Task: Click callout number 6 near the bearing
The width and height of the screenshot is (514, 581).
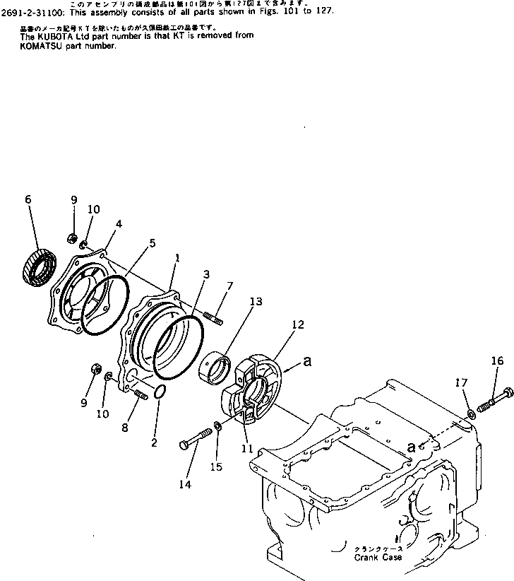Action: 28,200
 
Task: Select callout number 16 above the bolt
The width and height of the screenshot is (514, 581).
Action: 497,361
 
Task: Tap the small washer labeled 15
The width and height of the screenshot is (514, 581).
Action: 218,428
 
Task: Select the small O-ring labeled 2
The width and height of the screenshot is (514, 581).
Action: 160,392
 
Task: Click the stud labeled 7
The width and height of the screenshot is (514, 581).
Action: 213,320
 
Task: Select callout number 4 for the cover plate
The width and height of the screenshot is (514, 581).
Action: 119,224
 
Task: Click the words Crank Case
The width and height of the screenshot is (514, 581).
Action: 378,557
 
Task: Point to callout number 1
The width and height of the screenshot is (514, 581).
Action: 177,258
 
